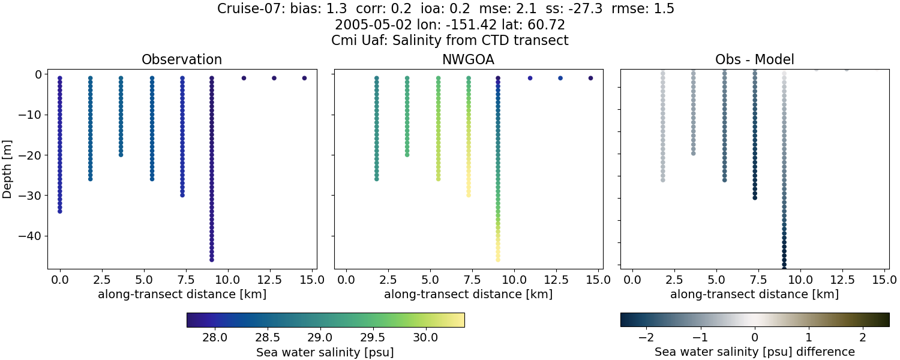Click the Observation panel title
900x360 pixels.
click(x=182, y=59)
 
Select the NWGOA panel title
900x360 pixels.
click(x=468, y=59)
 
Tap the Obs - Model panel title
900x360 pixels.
click(x=754, y=59)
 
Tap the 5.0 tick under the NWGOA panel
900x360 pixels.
click(x=430, y=280)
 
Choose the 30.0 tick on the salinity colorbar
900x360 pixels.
click(x=425, y=337)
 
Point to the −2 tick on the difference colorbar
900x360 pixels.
click(x=646, y=337)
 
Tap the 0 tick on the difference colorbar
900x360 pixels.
click(x=755, y=337)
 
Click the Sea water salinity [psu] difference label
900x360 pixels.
click(x=754, y=352)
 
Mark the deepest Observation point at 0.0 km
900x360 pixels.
click(x=60, y=211)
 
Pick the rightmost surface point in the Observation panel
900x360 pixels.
click(x=304, y=78)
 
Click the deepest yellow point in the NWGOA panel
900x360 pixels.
click(x=498, y=259)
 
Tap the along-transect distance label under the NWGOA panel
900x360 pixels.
click(x=468, y=295)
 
